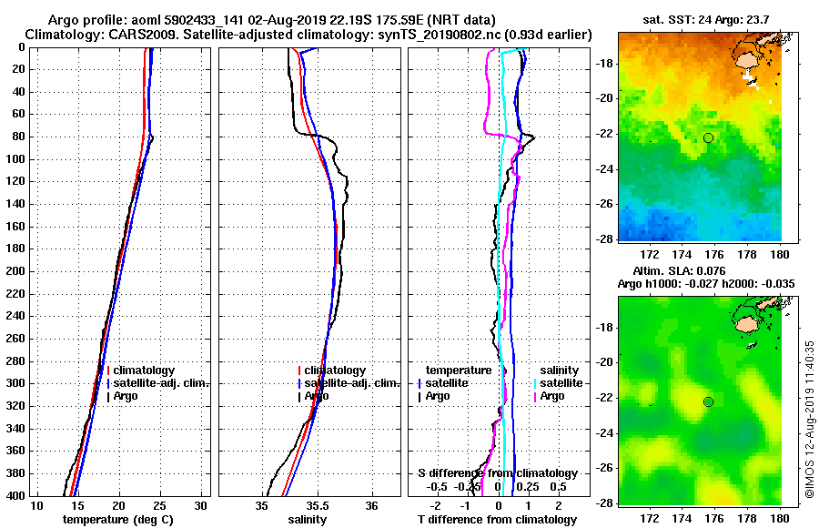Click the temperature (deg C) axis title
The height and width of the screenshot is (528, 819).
point(118,519)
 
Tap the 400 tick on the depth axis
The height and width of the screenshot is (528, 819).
point(20,496)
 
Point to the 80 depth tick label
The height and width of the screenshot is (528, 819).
point(20,137)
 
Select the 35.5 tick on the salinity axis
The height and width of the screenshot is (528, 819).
point(317,506)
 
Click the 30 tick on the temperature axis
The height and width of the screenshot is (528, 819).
point(201,506)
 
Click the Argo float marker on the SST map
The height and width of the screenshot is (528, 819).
point(708,137)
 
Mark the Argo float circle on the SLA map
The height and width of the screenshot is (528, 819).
point(708,401)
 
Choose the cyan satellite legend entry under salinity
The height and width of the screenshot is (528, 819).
point(557,383)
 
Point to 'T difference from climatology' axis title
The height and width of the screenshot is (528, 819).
point(497,519)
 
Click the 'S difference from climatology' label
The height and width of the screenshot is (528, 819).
point(497,473)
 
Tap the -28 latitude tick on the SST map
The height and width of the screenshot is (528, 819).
point(602,239)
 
